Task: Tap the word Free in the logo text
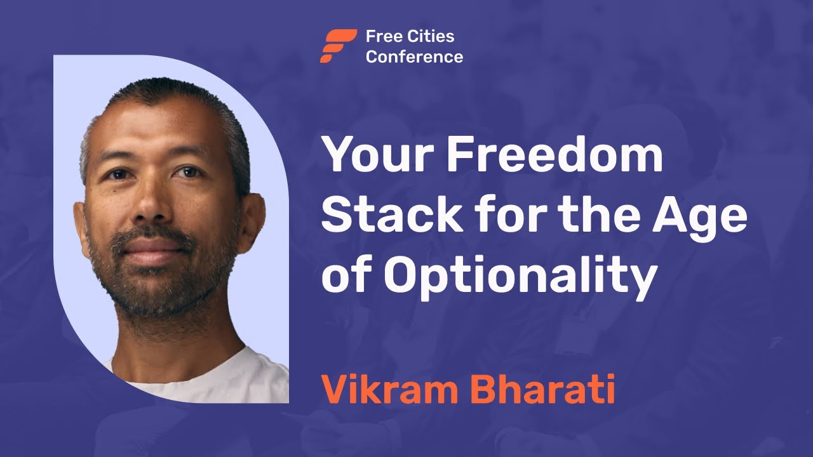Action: click(379, 36)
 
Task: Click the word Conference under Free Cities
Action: click(414, 56)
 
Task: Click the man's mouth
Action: click(152, 247)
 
